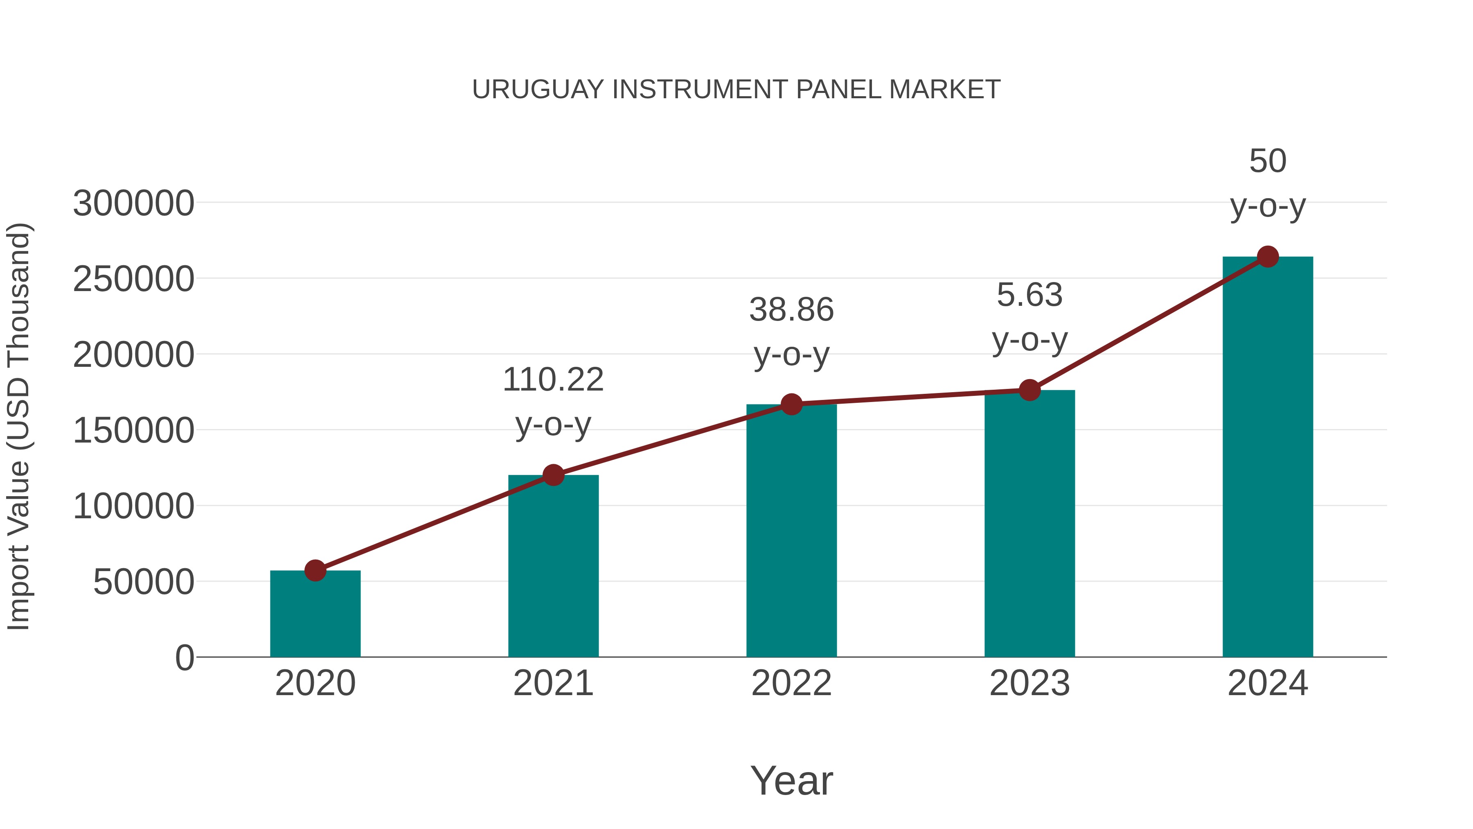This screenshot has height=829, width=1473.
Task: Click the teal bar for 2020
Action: tap(315, 615)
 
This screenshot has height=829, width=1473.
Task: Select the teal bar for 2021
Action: tap(553, 567)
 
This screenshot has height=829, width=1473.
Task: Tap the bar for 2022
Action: tap(791, 532)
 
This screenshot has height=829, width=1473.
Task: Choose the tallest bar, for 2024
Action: tap(1268, 458)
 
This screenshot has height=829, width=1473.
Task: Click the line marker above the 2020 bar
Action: tap(315, 570)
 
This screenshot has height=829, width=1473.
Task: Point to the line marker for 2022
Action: tap(791, 404)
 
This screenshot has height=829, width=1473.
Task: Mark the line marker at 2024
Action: tap(1268, 257)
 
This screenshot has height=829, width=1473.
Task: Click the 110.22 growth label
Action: tap(553, 380)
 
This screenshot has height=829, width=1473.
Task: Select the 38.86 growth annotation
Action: tap(791, 310)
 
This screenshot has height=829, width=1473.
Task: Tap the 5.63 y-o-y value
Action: tap(1029, 295)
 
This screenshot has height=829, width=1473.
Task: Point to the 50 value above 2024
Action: tap(1268, 161)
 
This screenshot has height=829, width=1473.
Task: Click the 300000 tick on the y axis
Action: tap(134, 204)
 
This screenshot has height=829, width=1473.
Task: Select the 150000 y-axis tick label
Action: tap(134, 431)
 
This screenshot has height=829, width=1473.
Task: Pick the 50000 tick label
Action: tap(144, 583)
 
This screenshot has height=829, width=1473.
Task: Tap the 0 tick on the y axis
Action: tap(185, 658)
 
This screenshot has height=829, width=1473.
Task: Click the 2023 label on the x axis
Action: tap(1029, 683)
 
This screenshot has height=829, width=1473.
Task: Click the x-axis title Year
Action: tap(791, 780)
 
